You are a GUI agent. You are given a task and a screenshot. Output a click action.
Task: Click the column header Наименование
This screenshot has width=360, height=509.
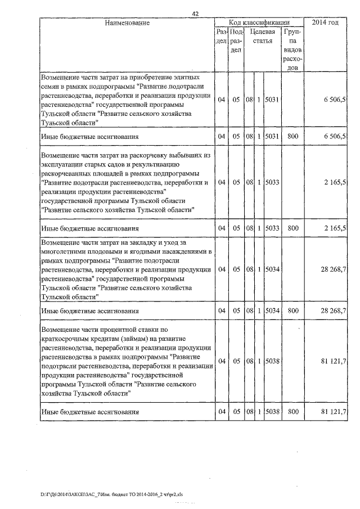pyautogui.click(x=127, y=23)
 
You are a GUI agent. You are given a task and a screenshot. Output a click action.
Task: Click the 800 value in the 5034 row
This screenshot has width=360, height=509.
pyautogui.click(x=292, y=310)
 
